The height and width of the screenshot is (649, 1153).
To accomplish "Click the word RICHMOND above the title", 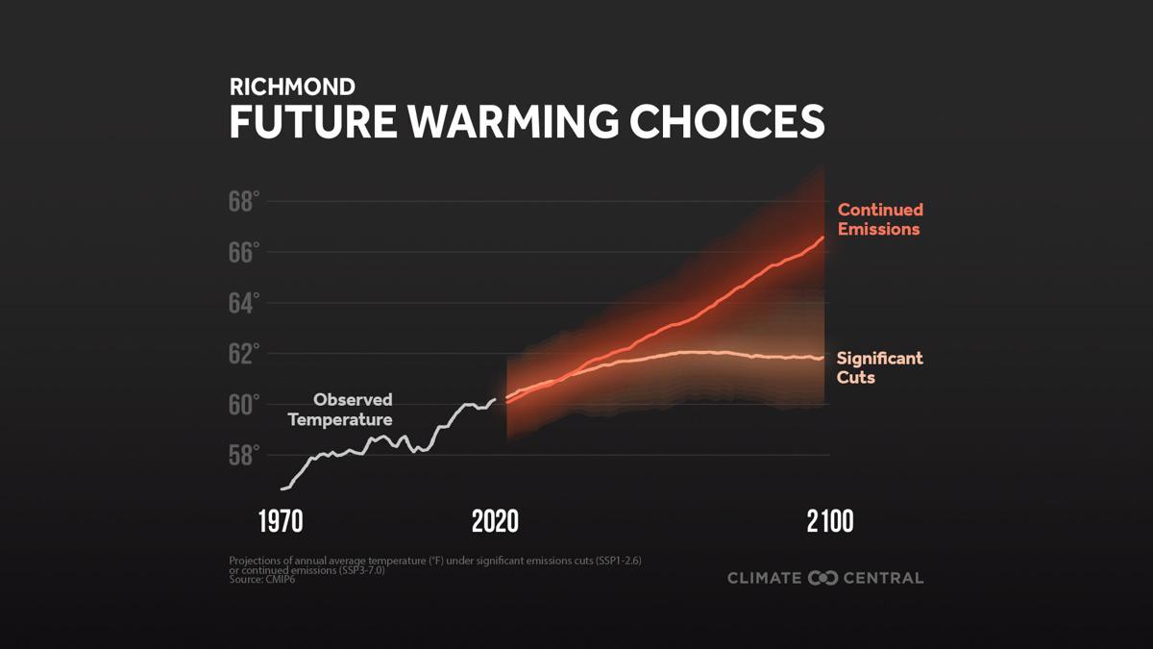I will click(x=292, y=87).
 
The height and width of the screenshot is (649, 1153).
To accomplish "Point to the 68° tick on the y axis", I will click(x=244, y=202).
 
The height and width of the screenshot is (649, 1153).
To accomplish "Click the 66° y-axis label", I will click(x=244, y=253).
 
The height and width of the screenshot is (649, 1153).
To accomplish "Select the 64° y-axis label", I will click(x=244, y=304).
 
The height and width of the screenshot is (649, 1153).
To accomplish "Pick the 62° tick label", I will click(x=244, y=354).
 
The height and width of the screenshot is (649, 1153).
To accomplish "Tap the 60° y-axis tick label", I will click(x=244, y=405).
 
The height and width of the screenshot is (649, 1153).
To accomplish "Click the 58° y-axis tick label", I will click(x=244, y=455).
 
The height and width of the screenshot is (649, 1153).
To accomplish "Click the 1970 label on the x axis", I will click(x=281, y=522).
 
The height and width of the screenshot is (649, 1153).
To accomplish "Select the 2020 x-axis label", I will click(x=495, y=522).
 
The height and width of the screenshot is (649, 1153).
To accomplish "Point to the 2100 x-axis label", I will click(x=829, y=522).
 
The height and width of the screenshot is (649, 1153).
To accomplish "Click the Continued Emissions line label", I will click(x=880, y=219).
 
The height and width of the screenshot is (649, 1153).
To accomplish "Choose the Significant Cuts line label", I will click(x=879, y=367).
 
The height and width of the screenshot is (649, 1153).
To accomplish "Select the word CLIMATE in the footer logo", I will click(x=765, y=578).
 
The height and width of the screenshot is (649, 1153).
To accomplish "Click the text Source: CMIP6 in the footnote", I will click(x=262, y=580).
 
